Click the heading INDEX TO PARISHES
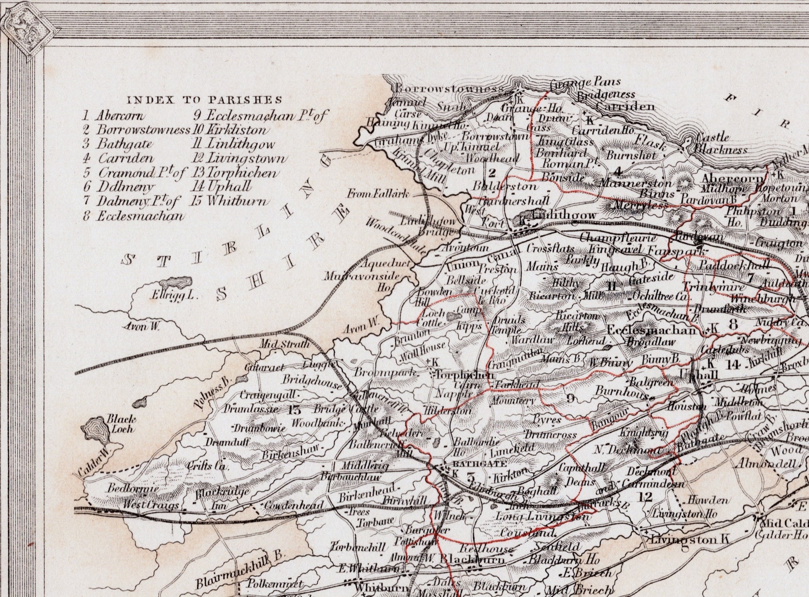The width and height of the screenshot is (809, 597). click(x=204, y=100)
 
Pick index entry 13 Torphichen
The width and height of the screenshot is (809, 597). click(x=236, y=173)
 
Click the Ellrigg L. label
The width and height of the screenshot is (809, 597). click(x=173, y=295)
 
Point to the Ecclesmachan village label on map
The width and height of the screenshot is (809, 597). click(x=652, y=330)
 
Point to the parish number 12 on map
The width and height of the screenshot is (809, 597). click(x=645, y=496)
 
